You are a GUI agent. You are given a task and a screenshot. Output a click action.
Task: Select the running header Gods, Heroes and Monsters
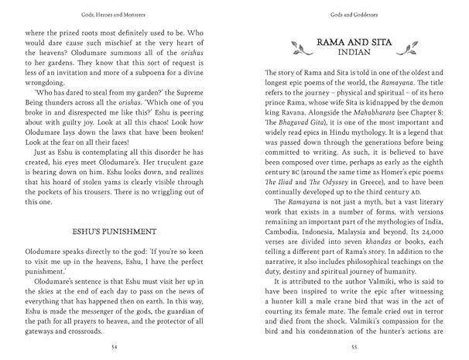[115, 14]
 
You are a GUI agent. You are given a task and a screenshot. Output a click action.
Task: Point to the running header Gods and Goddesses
[352, 14]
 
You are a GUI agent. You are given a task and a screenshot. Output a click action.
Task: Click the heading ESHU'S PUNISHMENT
[115, 231]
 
